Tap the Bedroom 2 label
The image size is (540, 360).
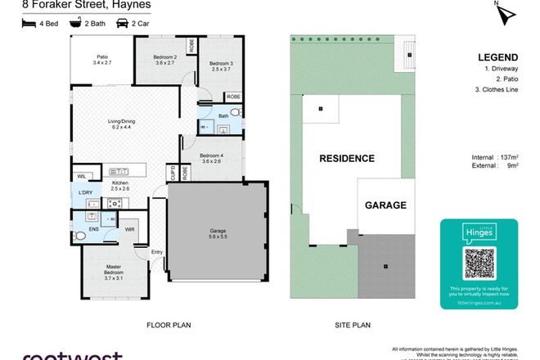click(x=167, y=59)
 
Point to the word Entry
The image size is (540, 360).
click(x=156, y=252)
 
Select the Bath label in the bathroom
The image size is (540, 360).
click(x=223, y=116)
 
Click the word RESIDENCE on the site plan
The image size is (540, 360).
click(x=346, y=159)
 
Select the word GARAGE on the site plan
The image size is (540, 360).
click(x=385, y=205)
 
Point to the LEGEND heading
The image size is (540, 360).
click(x=496, y=58)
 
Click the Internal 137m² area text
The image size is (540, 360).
click(x=497, y=156)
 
